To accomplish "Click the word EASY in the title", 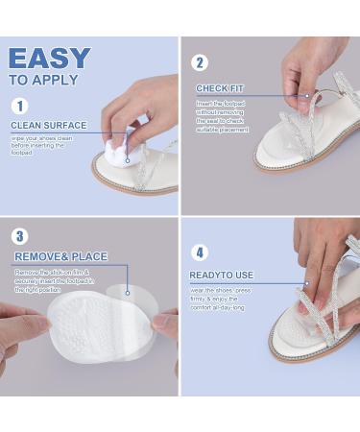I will click(49, 58).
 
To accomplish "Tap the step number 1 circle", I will click(20, 107).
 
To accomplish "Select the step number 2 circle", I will click(201, 63).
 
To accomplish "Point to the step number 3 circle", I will click(21, 236).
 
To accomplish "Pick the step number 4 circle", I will click(201, 253).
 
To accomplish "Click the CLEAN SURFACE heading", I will click(49, 125).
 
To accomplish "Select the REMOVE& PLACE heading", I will click(60, 256).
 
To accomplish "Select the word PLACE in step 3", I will click(87, 256).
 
